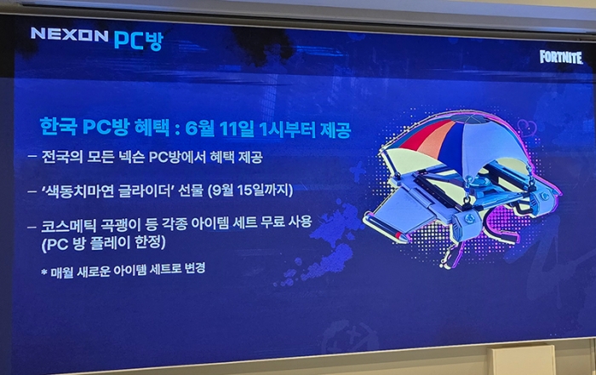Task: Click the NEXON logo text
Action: click(70, 35)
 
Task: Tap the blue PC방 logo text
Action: click(138, 40)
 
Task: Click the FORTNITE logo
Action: click(561, 57)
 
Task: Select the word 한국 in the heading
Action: click(59, 126)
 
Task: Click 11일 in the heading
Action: click(238, 129)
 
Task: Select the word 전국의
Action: click(61, 156)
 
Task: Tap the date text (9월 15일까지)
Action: click(250, 190)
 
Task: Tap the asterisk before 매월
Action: click(44, 273)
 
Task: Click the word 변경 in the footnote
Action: click(195, 268)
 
